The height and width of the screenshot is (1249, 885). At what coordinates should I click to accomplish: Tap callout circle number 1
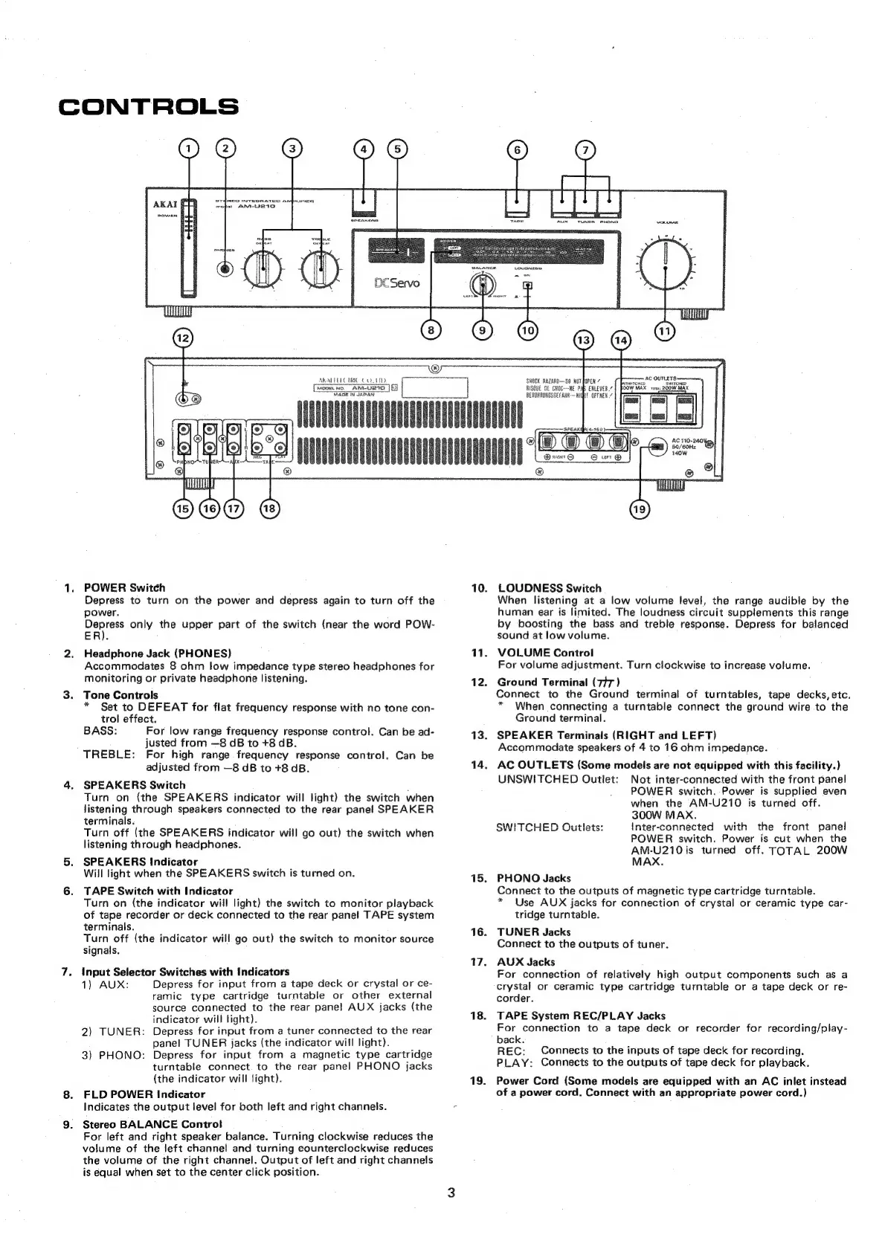(189, 149)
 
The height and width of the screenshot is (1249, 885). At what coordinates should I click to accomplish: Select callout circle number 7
(586, 149)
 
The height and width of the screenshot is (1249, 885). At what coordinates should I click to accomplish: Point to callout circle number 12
(182, 338)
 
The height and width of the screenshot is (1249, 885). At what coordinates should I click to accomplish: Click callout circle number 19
(639, 509)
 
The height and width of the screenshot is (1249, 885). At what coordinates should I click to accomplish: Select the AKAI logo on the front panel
(164, 204)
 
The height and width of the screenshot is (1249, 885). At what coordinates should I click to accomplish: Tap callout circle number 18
(269, 509)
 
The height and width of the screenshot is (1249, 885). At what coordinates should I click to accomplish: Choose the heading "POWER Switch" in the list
(125, 588)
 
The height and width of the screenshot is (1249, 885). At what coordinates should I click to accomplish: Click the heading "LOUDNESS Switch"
(549, 588)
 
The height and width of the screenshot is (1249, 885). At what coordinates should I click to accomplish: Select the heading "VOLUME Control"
(545, 653)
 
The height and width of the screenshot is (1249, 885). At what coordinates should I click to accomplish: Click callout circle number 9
(483, 329)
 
